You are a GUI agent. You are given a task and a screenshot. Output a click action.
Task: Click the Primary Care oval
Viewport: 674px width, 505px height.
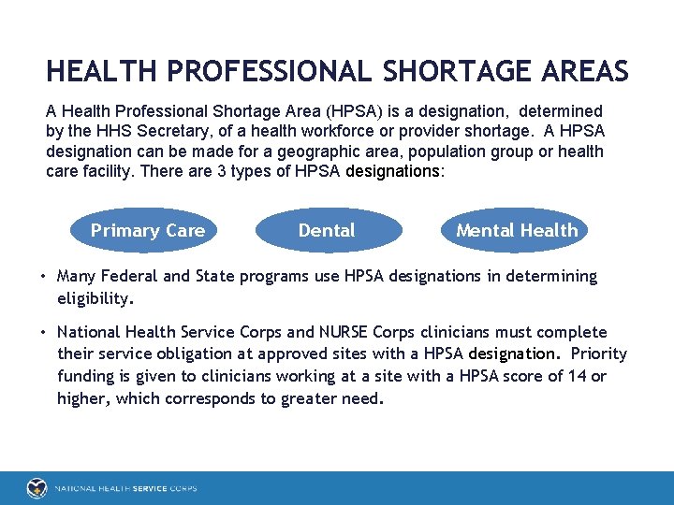(x=147, y=230)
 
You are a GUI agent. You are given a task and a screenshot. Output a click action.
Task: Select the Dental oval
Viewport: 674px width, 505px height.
(x=327, y=230)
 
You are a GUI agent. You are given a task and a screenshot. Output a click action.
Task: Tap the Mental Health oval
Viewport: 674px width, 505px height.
(x=517, y=230)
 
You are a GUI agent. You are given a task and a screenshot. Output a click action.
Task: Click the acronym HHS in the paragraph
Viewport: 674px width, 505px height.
(x=109, y=132)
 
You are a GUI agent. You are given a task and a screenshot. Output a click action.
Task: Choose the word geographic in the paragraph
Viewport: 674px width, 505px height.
(x=333, y=151)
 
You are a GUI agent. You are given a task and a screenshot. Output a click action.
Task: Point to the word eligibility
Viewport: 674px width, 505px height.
(x=95, y=299)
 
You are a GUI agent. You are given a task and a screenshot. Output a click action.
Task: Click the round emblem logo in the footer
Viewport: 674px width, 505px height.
(x=37, y=488)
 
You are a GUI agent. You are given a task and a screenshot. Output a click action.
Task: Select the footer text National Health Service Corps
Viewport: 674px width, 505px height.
(x=125, y=488)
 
